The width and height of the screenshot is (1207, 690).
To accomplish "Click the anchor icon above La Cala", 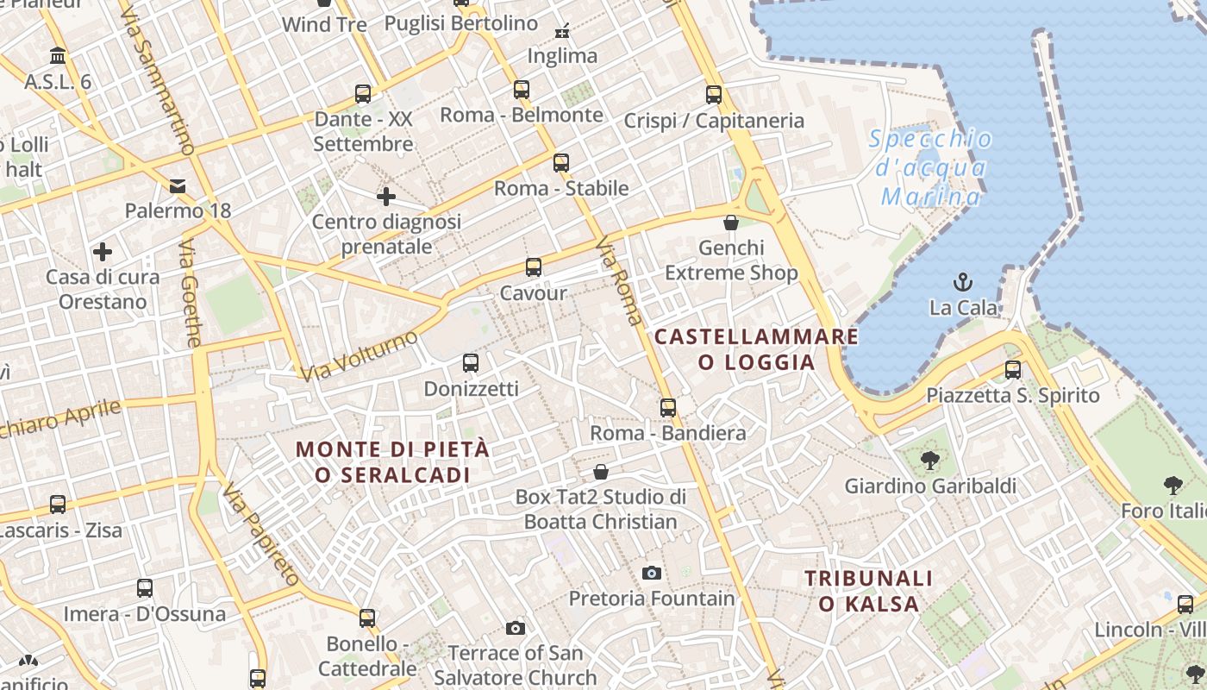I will [x=962, y=282].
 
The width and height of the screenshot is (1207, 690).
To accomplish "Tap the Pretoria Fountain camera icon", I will [x=652, y=573].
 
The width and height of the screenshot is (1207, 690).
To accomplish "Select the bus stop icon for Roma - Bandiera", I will [x=668, y=408].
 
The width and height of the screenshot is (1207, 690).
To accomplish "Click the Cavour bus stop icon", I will [x=534, y=267].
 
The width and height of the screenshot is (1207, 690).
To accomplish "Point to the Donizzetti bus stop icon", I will [x=471, y=363].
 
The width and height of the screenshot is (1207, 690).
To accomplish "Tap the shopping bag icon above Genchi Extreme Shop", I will [x=731, y=223].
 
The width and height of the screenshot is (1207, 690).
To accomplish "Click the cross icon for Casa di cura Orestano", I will [x=103, y=252].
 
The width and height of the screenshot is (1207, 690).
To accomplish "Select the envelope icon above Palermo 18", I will [x=178, y=185].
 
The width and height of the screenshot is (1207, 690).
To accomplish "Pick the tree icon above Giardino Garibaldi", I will [x=929, y=461].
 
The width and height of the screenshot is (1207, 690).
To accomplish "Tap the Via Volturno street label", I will [x=359, y=354].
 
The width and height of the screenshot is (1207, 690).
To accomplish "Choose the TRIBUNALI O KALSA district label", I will [x=869, y=590].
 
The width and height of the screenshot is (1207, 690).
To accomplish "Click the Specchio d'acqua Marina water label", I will [x=930, y=167].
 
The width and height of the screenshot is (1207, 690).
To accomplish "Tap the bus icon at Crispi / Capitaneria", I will [x=714, y=95].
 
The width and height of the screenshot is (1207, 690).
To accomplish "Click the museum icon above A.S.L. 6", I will [x=58, y=56].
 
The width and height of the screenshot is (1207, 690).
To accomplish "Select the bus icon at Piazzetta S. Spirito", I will [x=1013, y=370].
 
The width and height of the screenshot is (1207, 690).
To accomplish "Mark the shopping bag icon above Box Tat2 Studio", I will [x=601, y=472].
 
